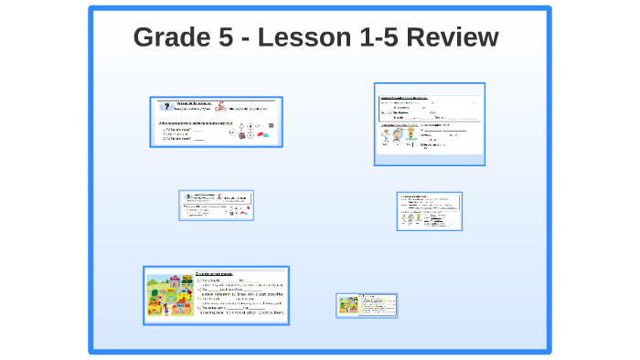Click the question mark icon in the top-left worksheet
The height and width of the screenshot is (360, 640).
165,106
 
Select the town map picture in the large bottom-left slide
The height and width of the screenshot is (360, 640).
170,296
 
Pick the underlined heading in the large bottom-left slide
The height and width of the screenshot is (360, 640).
219,273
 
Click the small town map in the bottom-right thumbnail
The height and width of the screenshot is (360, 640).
347,304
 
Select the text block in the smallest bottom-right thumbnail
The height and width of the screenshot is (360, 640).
376,304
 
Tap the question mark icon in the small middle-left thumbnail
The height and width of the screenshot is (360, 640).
187,196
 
